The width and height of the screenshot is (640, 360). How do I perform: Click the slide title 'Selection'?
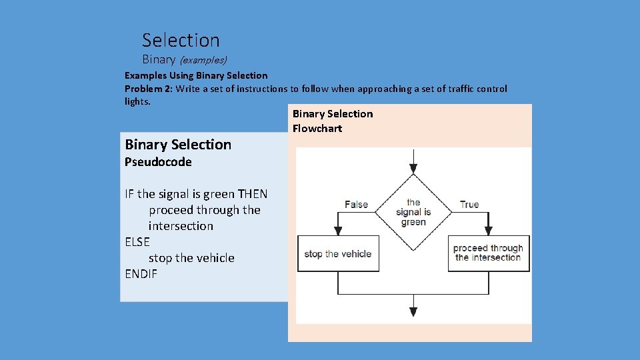point(181,41)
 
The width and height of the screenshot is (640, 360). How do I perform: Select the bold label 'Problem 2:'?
point(149,89)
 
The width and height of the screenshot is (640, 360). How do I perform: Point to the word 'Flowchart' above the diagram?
point(317,129)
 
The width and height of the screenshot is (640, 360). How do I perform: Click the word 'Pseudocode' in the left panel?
point(158,162)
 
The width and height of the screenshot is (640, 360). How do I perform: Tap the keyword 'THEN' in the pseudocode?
point(253,194)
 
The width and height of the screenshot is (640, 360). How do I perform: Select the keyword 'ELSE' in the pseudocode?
point(137,242)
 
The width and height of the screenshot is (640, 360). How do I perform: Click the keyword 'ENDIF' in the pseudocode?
point(141,274)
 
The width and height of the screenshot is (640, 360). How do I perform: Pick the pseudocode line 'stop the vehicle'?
point(191,258)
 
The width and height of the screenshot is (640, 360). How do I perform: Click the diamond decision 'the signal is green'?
point(413,212)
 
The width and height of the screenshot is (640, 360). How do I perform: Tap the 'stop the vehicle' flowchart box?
point(338,253)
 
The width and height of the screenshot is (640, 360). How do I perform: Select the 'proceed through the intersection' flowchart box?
point(489,253)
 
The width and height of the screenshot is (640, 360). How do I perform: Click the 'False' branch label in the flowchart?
point(356,205)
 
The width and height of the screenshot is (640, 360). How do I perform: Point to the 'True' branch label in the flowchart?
point(469,205)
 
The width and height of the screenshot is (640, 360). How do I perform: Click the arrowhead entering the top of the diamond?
point(413,169)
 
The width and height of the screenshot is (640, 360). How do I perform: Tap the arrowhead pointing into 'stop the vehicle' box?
point(338,231)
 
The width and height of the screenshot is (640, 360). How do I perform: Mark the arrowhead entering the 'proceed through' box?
point(489,231)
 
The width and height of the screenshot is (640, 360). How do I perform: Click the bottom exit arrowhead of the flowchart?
point(413,311)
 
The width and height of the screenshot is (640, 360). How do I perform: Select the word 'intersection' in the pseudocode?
point(181,226)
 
